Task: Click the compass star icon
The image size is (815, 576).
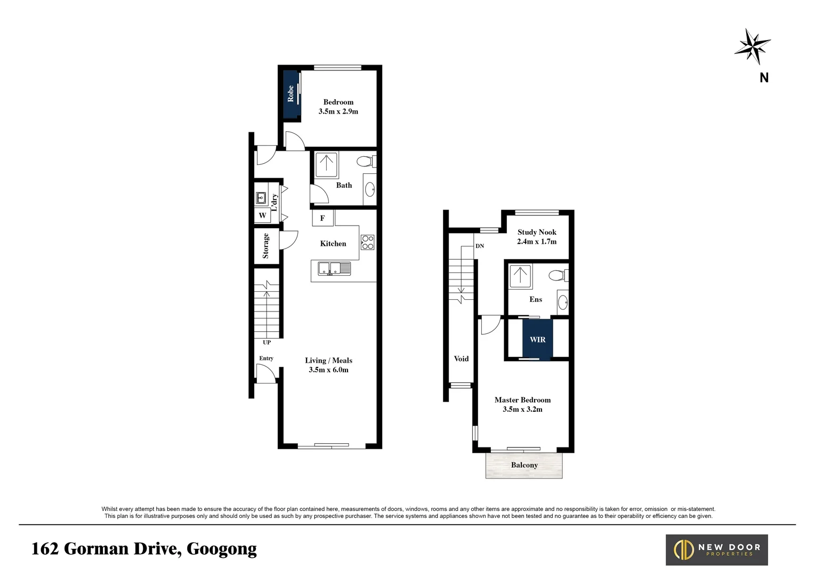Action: click(x=752, y=46)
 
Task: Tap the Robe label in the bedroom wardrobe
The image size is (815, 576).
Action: click(x=291, y=94)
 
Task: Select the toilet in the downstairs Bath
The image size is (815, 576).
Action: click(x=366, y=161)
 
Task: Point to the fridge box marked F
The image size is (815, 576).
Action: click(x=322, y=218)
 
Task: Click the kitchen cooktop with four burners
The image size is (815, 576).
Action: click(x=367, y=242)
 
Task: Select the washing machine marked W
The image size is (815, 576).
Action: click(x=262, y=215)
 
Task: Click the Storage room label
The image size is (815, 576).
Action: click(x=265, y=246)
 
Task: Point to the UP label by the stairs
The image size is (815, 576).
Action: click(x=267, y=342)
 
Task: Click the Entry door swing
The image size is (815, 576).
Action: click(x=265, y=373)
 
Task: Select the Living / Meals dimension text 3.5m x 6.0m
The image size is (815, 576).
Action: click(x=328, y=370)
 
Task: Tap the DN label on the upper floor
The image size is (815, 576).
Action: click(x=480, y=246)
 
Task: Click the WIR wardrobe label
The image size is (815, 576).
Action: click(x=537, y=339)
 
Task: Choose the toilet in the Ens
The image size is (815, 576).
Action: click(x=558, y=276)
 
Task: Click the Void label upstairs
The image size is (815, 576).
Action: click(x=461, y=358)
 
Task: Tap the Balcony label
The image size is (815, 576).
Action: click(x=524, y=465)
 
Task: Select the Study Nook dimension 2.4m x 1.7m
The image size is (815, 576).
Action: click(x=536, y=242)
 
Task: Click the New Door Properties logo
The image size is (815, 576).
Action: click(x=716, y=550)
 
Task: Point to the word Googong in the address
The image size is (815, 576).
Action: click(x=222, y=549)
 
